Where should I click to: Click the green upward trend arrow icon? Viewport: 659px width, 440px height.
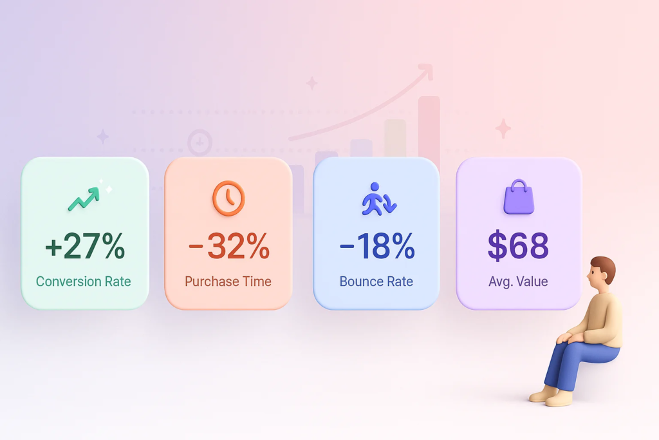tap(84, 200)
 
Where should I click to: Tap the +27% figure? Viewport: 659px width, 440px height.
tap(85, 246)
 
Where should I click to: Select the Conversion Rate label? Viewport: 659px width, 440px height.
tap(83, 281)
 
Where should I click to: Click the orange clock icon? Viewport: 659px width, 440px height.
tap(228, 198)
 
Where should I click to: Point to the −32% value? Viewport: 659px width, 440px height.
tap(229, 246)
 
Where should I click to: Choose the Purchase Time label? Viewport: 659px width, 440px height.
tap(228, 281)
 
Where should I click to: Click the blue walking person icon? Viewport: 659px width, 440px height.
tap(379, 199)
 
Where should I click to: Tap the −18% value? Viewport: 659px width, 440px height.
tap(377, 246)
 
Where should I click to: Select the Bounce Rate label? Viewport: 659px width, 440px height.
tap(376, 281)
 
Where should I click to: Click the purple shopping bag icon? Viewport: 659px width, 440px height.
tap(519, 197)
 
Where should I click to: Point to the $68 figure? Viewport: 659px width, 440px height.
tap(518, 245)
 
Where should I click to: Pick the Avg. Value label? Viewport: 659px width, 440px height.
tap(518, 281)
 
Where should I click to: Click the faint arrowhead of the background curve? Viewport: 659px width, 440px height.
tap(427, 71)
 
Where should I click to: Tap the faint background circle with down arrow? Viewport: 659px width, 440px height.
tap(200, 142)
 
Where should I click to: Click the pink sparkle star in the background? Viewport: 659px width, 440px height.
tap(503, 128)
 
